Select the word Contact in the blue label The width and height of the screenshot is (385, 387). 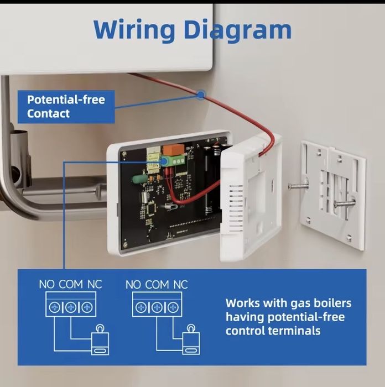(x=48, y=114)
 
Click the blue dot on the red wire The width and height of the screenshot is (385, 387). (x=200, y=95)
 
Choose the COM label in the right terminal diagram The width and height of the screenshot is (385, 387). (x=157, y=284)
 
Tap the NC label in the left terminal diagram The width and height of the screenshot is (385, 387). (x=95, y=284)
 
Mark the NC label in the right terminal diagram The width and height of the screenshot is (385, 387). (x=181, y=284)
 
